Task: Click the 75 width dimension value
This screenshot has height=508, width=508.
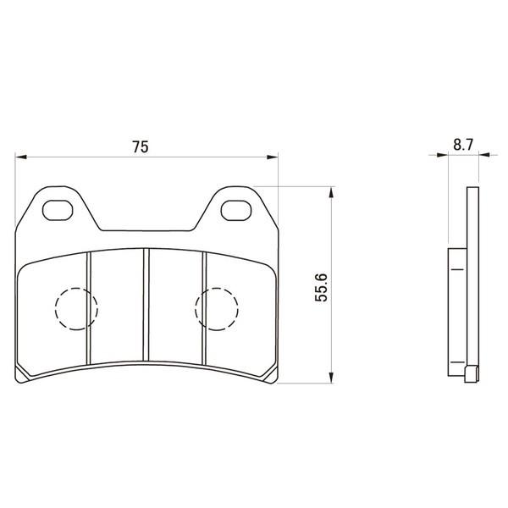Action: (x=141, y=146)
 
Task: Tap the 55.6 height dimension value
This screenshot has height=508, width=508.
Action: (x=321, y=288)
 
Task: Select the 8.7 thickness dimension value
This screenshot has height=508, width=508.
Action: (x=463, y=145)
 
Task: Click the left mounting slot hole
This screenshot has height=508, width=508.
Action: (x=58, y=210)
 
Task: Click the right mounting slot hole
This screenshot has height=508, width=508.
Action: (x=236, y=210)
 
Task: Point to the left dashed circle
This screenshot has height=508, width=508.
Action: (x=76, y=288)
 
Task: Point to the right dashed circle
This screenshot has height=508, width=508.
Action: (x=217, y=288)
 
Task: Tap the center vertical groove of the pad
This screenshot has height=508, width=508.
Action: (x=146, y=305)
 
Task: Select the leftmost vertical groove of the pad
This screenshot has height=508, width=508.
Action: (x=89, y=308)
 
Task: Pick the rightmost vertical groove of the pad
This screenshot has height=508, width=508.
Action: (x=204, y=308)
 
